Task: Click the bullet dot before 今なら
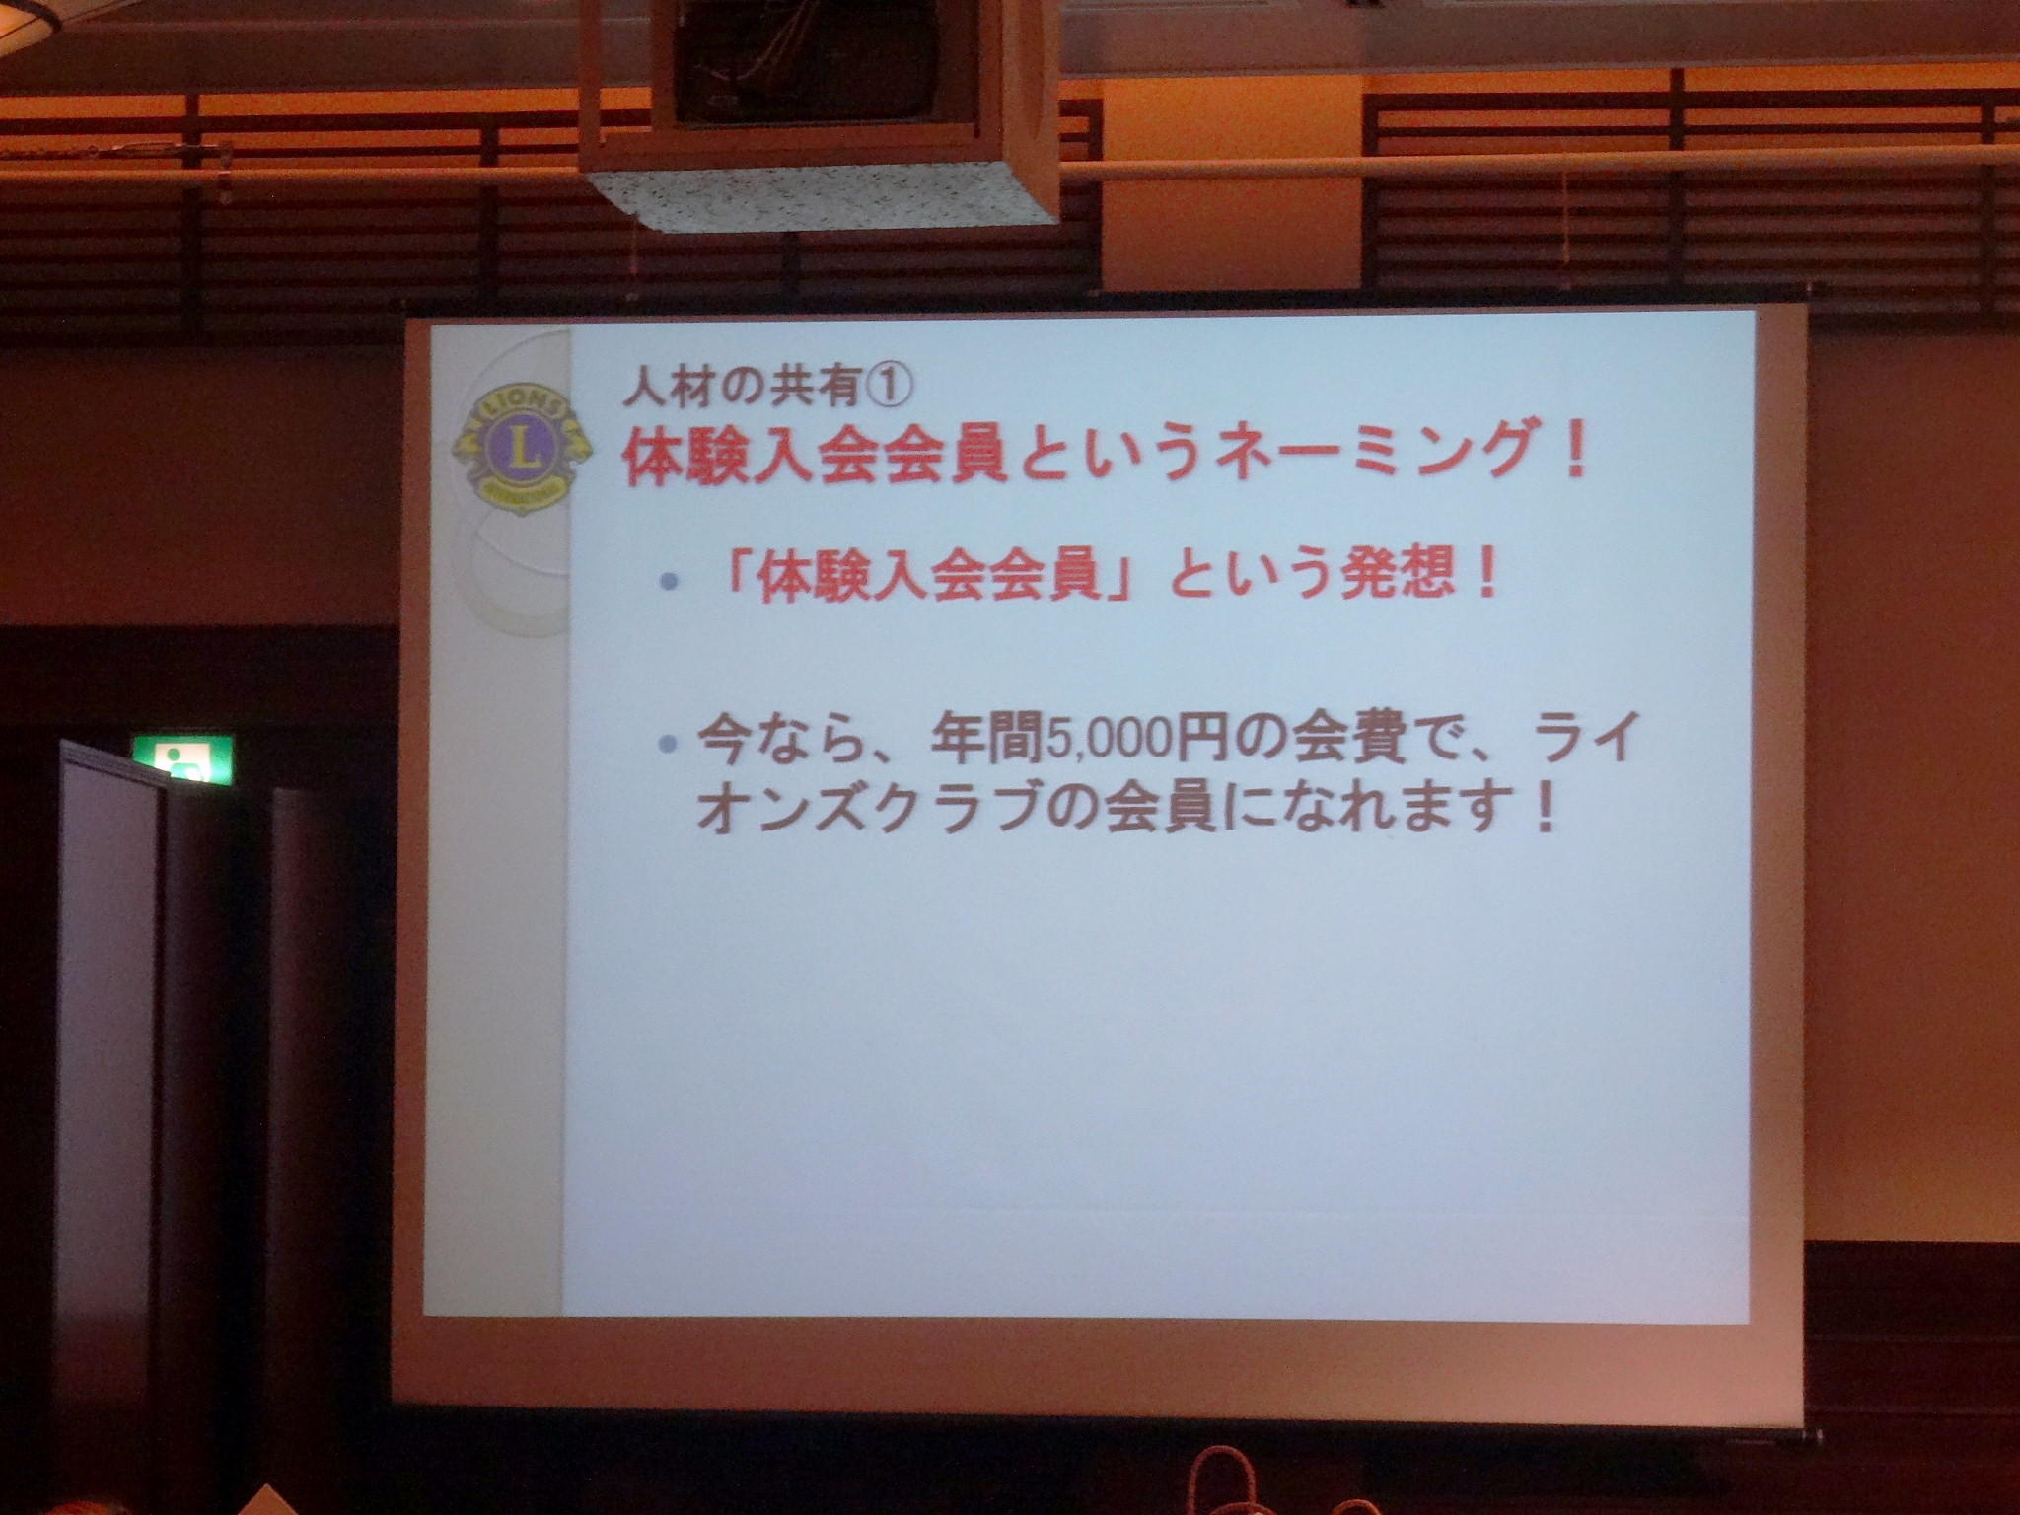pyautogui.click(x=670, y=744)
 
